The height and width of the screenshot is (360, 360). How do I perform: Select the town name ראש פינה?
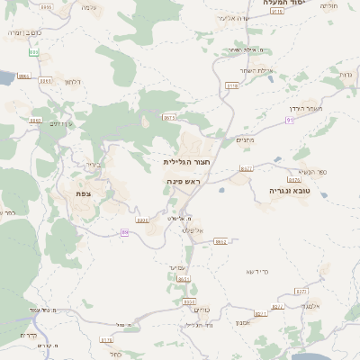[182, 181]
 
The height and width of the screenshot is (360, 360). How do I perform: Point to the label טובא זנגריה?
[288, 191]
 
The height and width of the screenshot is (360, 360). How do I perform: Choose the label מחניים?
[246, 139]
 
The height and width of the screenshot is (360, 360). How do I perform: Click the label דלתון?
[73, 82]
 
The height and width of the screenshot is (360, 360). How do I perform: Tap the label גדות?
[346, 74]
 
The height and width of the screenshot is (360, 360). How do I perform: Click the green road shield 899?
[33, 52]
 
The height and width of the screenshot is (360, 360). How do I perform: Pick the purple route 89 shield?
[125, 232]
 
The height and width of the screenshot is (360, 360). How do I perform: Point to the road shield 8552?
[220, 241]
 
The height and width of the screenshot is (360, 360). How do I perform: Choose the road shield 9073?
[170, 117]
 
